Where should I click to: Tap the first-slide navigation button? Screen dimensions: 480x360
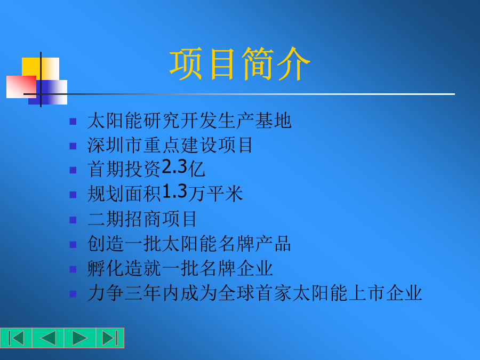[x=16, y=338]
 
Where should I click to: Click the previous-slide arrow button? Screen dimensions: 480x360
[x=48, y=338]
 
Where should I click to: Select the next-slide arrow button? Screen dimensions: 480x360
[x=80, y=338]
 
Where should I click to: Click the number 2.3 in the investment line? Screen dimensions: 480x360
[x=174, y=167]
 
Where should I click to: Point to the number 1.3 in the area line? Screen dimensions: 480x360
[x=174, y=192]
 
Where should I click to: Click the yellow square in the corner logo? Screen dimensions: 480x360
[x=40, y=69]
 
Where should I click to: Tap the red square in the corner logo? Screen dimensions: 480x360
[x=21, y=87]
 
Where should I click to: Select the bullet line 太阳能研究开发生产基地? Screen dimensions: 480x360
[x=189, y=121]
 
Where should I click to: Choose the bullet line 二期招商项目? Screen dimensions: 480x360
[x=142, y=219]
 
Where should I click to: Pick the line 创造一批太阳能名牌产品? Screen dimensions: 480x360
[x=189, y=244]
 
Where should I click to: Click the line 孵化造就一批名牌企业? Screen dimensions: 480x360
[x=180, y=268]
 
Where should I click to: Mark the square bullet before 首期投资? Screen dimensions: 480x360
[x=73, y=170]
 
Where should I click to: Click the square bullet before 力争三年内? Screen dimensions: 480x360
[x=73, y=294]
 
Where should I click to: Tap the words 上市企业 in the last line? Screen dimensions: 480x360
[x=386, y=293]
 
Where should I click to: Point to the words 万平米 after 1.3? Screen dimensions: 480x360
[x=215, y=194]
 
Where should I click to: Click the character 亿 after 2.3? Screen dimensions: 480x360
[x=196, y=169]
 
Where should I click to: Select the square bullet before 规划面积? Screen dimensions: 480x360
[x=73, y=195]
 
